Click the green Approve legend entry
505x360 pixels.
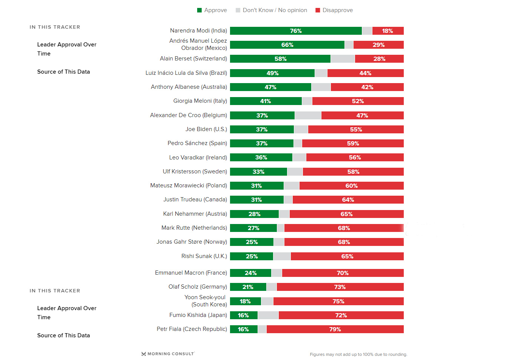[212, 10]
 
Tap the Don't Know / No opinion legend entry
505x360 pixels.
[271, 10]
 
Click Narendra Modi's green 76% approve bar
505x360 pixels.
[296, 31]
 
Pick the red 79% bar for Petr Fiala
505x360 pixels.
[335, 329]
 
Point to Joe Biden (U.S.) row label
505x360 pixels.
[206, 129]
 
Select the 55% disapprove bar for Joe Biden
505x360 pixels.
[356, 130]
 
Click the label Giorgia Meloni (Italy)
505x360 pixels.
[200, 101]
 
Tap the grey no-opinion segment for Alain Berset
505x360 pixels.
[343, 59]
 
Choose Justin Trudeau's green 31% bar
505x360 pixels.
[256, 200]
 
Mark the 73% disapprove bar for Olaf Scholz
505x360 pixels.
[340, 287]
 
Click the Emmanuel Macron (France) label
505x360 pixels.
[191, 273]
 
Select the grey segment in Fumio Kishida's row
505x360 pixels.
[268, 315]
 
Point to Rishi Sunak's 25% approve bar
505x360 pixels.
[252, 256]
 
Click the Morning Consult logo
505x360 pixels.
[168, 354]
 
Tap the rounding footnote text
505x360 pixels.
[358, 354]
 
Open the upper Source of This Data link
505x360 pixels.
[63, 72]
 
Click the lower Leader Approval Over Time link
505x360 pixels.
[66, 313]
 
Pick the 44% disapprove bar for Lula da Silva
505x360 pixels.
[365, 73]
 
